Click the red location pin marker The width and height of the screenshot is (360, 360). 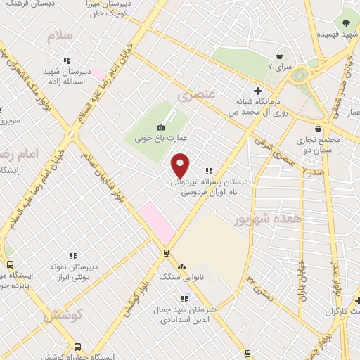coord(181,165)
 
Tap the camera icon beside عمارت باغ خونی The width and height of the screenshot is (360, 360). coord(161,127)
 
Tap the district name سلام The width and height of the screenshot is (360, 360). coord(60,36)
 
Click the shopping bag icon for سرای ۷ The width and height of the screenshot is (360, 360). coord(279,55)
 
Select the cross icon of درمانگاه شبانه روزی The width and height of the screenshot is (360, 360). coord(258,90)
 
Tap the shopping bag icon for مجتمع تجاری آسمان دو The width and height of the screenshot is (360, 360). coord(320,129)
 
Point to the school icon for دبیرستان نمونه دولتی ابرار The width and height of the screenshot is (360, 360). coord(73,257)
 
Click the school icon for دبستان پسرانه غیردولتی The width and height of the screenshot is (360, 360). coord(208,171)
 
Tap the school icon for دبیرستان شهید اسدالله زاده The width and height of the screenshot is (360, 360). coord(67,60)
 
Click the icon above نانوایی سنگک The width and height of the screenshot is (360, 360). coord(183,266)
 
